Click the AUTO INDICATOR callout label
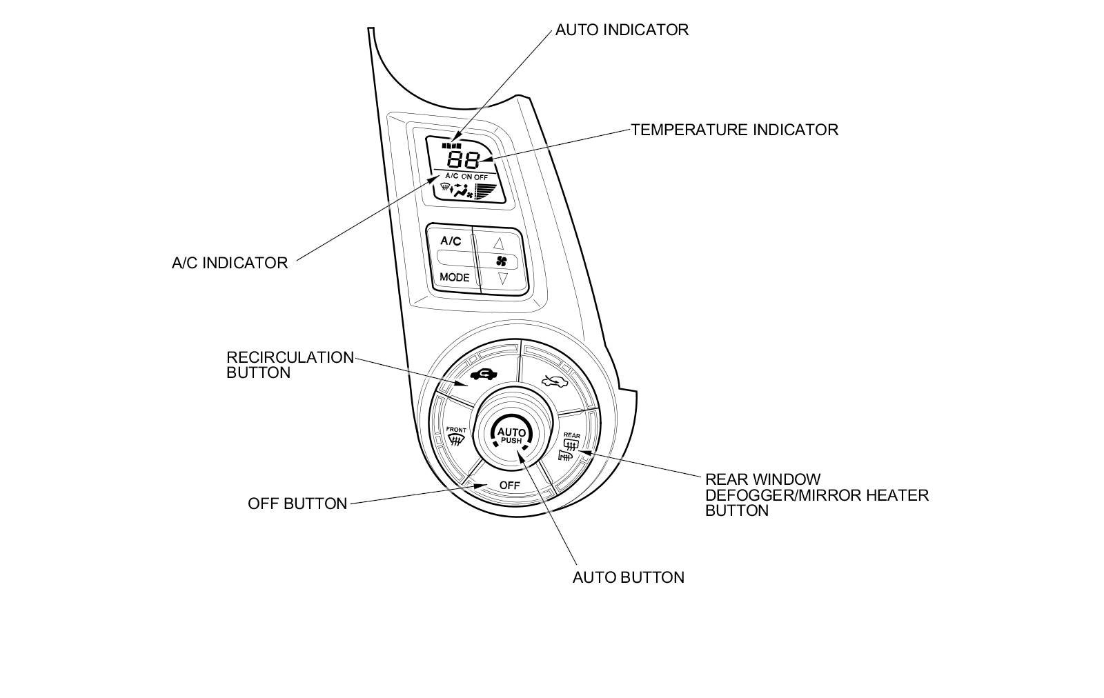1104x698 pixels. click(x=622, y=30)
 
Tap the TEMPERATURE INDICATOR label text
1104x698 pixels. click(x=734, y=130)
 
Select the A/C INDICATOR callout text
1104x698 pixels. click(x=230, y=263)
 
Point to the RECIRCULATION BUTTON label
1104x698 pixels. click(x=290, y=365)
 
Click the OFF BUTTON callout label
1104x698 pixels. click(x=297, y=504)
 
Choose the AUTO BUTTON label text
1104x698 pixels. click(x=628, y=578)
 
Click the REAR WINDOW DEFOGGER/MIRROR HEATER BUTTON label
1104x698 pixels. click(x=816, y=495)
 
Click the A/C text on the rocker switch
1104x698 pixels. click(x=451, y=241)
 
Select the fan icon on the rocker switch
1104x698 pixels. click(x=502, y=261)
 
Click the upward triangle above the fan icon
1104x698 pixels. click(x=499, y=243)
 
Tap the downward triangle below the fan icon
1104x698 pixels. click(x=502, y=279)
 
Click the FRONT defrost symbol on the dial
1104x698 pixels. click(x=456, y=437)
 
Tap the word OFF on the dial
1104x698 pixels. click(x=509, y=486)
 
